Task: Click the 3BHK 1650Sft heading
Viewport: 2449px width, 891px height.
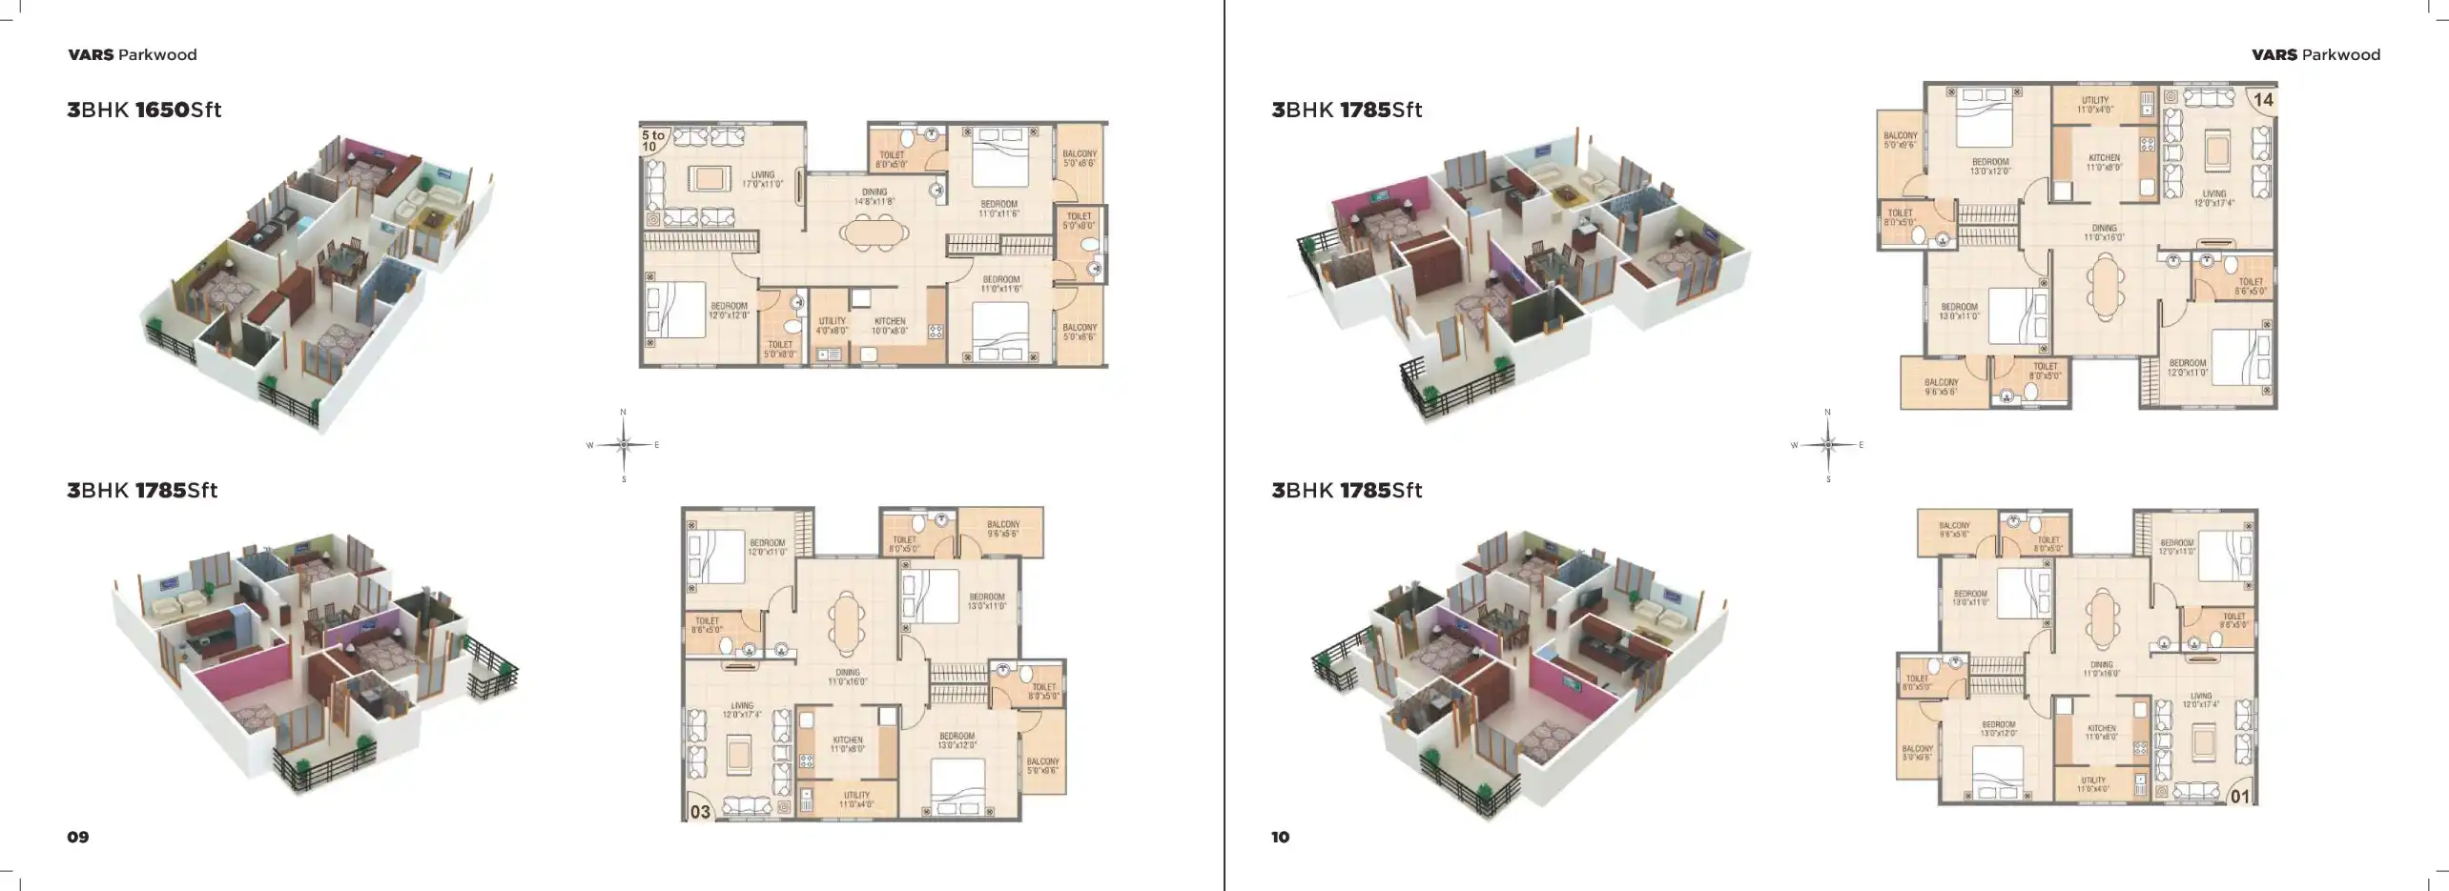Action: (144, 110)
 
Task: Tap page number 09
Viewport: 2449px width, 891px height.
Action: (78, 837)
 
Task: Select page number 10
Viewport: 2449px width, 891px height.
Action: (1280, 837)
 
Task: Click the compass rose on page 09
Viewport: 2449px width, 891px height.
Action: (624, 445)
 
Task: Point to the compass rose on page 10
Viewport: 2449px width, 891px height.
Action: (1828, 445)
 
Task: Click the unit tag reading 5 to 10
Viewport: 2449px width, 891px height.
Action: (653, 141)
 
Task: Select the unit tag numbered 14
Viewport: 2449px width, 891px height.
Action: (2263, 100)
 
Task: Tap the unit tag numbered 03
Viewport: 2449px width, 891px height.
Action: (701, 812)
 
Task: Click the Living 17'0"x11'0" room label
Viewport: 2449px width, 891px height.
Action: (762, 179)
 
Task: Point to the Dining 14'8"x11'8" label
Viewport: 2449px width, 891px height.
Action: (875, 196)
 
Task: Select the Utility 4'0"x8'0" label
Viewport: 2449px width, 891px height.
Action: (832, 326)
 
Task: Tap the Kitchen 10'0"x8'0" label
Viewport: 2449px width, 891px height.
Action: (890, 326)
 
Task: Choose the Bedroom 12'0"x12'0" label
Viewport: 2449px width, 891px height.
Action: (729, 310)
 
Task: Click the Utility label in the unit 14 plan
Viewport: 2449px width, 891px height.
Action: (2095, 105)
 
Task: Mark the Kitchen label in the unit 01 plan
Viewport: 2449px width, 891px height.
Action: (2101, 732)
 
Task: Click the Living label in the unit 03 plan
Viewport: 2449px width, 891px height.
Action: (742, 710)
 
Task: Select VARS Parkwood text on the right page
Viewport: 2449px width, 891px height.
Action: (2315, 55)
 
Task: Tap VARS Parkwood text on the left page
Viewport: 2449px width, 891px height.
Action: (133, 55)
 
